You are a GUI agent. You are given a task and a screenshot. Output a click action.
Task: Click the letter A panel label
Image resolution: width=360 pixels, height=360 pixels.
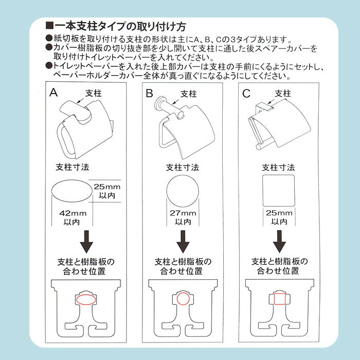(53, 93)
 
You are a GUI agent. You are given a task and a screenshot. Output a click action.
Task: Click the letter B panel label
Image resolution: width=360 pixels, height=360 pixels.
(149, 94)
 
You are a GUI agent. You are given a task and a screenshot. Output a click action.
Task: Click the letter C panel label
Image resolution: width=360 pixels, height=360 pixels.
(246, 94)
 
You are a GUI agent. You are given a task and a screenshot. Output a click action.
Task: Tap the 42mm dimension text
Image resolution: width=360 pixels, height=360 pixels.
(73, 213)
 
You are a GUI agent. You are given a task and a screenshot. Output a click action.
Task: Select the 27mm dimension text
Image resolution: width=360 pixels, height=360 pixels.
(183, 213)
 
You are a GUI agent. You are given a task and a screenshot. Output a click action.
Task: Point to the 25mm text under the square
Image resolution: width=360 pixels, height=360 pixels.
(279, 213)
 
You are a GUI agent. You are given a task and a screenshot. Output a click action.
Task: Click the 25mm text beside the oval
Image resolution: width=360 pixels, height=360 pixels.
(107, 187)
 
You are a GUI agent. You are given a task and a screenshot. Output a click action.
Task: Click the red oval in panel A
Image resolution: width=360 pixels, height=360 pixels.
(86, 300)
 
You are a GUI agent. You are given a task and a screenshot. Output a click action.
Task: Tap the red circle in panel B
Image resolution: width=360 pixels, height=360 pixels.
(183, 299)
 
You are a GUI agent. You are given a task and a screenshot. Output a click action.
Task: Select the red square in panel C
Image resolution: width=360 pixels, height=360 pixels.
(280, 299)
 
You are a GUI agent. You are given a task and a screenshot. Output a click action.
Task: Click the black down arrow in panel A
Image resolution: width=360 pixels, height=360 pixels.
(86, 242)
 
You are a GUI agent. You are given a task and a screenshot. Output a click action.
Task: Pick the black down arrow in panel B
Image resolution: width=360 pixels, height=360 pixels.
(183, 242)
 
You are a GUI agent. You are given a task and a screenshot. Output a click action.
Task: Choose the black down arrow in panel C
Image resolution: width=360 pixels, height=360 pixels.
(279, 242)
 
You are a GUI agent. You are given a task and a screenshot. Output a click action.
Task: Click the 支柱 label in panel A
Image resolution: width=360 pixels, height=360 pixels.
(94, 94)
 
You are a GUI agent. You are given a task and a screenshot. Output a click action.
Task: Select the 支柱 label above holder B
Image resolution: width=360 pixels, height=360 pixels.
(189, 94)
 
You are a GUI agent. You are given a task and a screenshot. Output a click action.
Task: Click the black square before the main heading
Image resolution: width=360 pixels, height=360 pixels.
(49, 26)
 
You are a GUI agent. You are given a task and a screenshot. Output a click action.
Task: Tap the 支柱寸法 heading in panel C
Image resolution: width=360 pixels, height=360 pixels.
(279, 168)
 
